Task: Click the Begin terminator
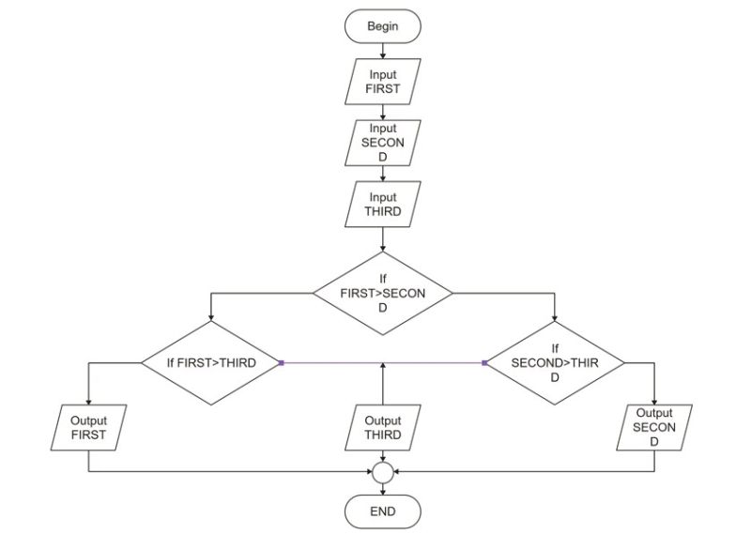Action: [x=382, y=26]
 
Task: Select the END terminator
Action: [x=382, y=512]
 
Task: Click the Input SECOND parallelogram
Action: [x=382, y=144]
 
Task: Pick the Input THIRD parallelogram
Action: [x=382, y=205]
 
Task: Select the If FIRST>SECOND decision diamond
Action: [x=382, y=294]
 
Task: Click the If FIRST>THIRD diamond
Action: [x=211, y=362]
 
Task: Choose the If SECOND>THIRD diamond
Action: [x=555, y=362]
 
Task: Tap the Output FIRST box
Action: [x=88, y=428]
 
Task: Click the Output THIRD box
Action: [x=382, y=428]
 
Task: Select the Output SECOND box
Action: [x=654, y=427]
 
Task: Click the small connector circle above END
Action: [x=382, y=472]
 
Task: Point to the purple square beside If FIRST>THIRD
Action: [x=281, y=362]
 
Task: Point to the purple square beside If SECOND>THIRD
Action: [x=484, y=362]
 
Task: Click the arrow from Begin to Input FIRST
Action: [x=382, y=52]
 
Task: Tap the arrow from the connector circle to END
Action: [x=382, y=489]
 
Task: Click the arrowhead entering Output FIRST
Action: [x=88, y=400]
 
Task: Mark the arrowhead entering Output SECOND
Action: [x=654, y=399]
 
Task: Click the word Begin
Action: [x=382, y=26]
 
